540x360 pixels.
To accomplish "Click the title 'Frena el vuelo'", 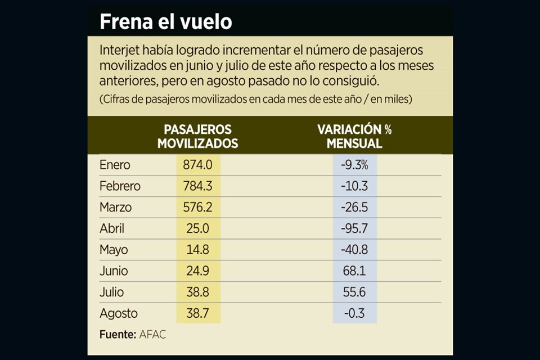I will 165,22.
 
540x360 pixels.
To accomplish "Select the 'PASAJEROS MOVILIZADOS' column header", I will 197,137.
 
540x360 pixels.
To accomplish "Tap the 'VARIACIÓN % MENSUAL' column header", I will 354,137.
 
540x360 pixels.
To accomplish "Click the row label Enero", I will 115,165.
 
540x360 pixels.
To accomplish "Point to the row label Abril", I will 112,229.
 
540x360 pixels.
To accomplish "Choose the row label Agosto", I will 118,313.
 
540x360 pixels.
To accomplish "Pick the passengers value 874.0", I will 197,165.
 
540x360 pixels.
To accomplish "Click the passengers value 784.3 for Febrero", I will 197,186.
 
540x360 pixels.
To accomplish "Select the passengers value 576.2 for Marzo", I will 197,208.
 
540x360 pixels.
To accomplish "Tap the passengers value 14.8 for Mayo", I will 197,250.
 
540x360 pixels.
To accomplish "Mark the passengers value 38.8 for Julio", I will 197,292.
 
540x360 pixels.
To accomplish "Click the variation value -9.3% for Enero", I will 354,165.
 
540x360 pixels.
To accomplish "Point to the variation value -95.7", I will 354,229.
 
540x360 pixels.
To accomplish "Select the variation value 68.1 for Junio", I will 354,271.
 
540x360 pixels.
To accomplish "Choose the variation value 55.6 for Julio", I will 354,292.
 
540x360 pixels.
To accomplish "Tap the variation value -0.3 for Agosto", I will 354,313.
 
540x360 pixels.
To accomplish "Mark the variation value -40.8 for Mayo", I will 354,250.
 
